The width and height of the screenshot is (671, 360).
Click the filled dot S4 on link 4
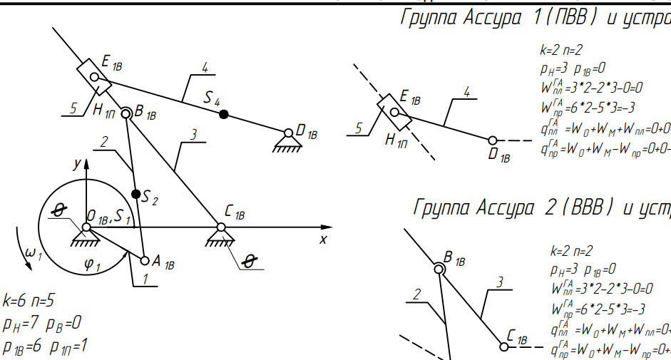(223, 113)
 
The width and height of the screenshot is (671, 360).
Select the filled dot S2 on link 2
(136, 193)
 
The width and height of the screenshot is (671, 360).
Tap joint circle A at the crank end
(145, 259)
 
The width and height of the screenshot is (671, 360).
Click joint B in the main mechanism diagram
(126, 113)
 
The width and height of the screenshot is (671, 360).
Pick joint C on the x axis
(221, 227)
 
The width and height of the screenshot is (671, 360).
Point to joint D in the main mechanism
(288, 133)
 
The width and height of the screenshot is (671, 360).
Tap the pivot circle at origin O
(86, 227)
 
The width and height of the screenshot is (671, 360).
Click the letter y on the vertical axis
(75, 163)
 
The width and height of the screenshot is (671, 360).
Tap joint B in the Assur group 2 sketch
(439, 268)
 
